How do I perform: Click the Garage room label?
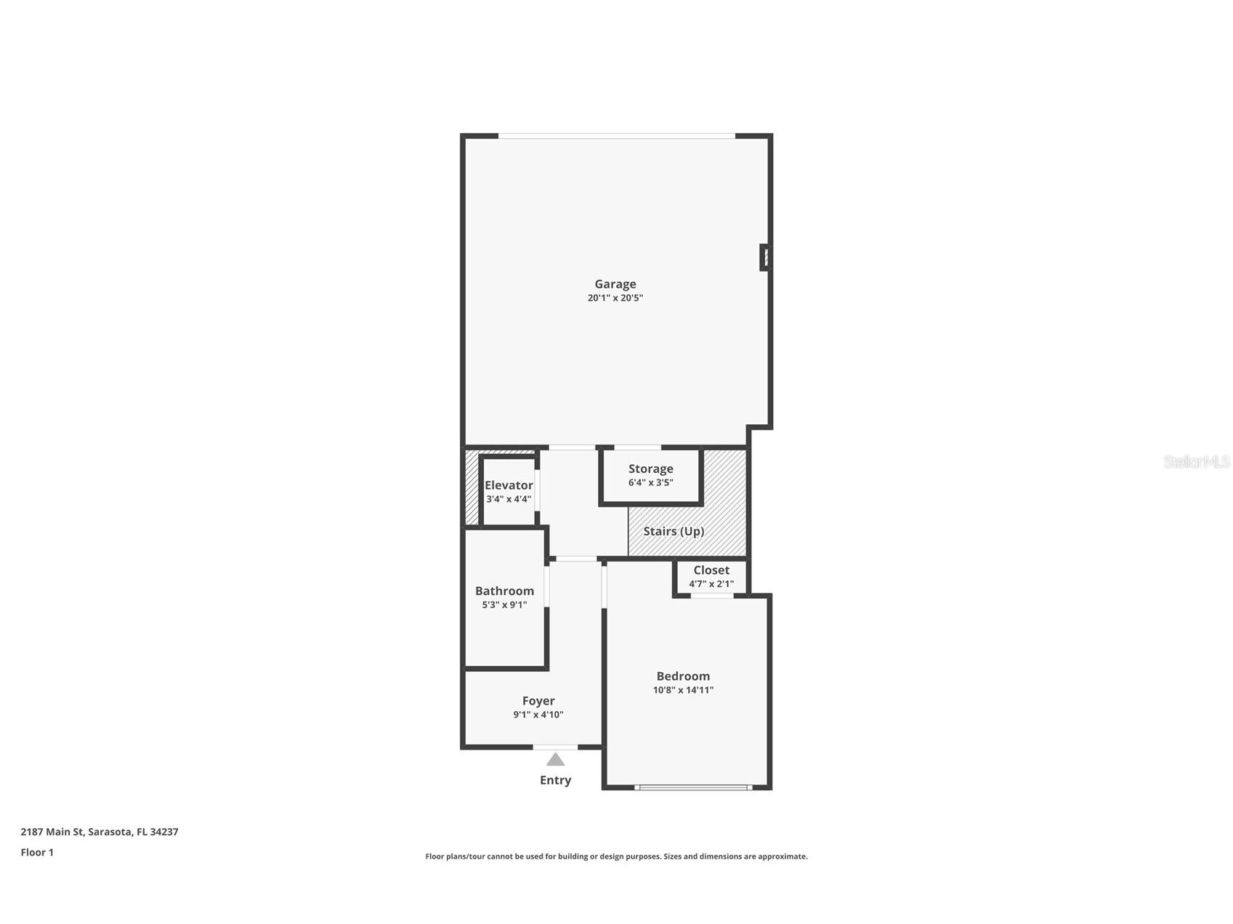[615, 284]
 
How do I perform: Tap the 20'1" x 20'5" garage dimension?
[615, 298]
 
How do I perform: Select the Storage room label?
[651, 469]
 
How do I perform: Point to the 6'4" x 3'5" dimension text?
[651, 482]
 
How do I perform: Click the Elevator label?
[509, 485]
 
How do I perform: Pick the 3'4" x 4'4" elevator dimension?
[509, 499]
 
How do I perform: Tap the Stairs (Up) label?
[674, 531]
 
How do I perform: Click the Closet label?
[711, 570]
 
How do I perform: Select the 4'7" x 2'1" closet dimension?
[711, 584]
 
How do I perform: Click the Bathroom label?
[504, 591]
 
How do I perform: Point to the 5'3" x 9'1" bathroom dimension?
[504, 604]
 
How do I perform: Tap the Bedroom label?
[683, 676]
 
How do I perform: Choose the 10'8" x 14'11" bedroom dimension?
[683, 690]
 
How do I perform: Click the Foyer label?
[538, 701]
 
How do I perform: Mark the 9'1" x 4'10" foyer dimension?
[538, 715]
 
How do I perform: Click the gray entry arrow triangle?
[556, 760]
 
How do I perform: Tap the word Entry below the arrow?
[556, 780]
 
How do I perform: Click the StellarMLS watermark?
[1197, 462]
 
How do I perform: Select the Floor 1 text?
[37, 852]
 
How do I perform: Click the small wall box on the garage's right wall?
[764, 257]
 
